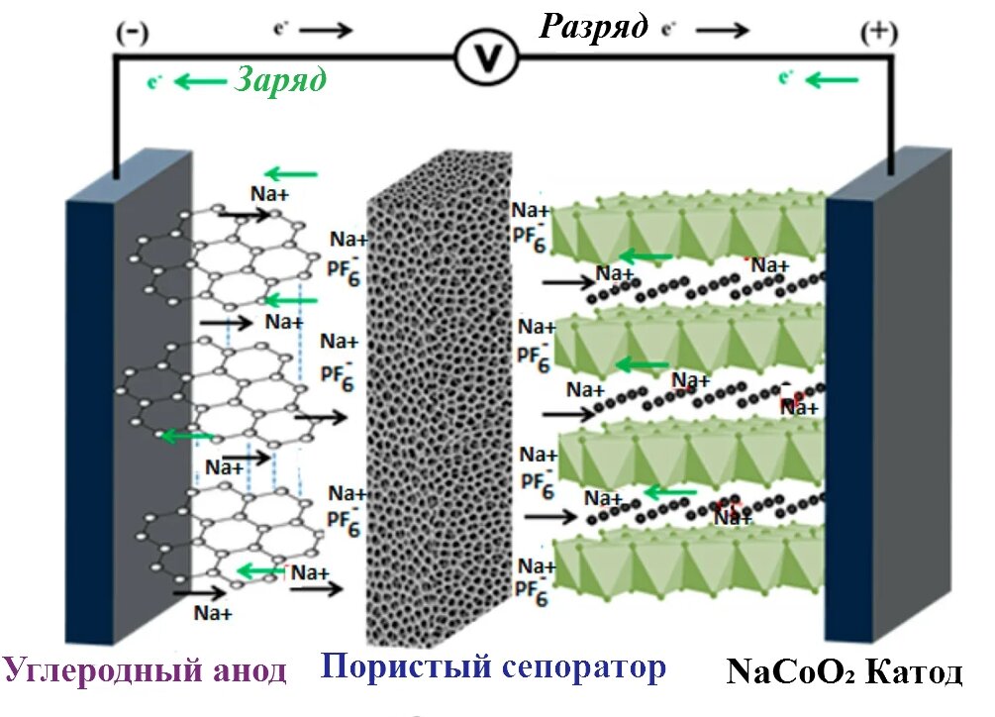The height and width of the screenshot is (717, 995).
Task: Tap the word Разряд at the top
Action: (593, 25)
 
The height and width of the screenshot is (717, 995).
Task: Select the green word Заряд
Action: (280, 79)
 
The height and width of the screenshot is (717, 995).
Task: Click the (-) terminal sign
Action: (132, 32)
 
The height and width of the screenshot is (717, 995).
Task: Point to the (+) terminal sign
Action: (878, 32)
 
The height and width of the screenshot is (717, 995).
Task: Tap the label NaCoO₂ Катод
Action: (844, 672)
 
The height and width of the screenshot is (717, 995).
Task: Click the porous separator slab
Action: (436, 406)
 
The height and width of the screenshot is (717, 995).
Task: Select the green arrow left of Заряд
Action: (200, 82)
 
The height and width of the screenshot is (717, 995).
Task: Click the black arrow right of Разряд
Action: (729, 30)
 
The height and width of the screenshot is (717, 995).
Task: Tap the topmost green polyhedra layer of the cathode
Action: (683, 233)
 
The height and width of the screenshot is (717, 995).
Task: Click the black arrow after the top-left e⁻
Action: (332, 30)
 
